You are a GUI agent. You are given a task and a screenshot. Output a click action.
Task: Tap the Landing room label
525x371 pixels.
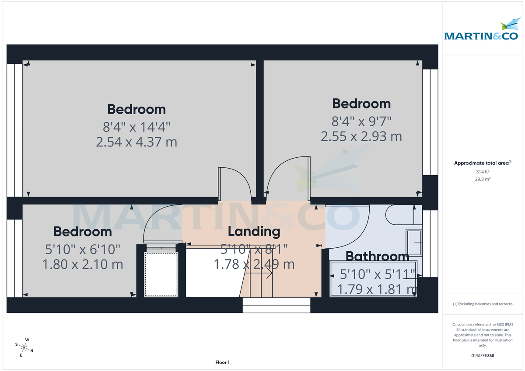point(254,231)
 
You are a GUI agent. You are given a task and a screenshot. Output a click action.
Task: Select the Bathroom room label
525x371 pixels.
point(377,257)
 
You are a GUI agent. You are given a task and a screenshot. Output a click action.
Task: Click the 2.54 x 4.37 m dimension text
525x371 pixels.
point(136,142)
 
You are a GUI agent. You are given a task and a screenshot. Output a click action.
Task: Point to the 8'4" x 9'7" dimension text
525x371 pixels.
point(361,120)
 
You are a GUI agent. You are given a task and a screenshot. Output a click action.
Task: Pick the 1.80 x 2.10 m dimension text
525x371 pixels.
point(83,264)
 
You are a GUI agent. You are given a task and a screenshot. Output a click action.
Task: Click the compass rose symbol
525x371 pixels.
point(25,347)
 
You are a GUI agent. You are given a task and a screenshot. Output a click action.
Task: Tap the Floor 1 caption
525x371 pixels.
point(222,362)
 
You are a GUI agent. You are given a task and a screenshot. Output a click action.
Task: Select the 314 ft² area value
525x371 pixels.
point(482,172)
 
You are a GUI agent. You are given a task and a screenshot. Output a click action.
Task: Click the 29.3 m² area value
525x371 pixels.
point(482,179)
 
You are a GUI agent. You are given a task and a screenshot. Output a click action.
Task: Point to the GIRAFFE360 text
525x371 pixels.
point(482,356)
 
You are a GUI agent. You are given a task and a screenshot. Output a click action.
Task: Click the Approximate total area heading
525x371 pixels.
point(482,163)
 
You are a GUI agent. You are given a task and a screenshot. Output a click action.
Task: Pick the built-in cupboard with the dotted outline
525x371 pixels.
point(161,274)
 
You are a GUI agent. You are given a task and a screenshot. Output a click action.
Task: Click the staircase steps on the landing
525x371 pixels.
point(258,280)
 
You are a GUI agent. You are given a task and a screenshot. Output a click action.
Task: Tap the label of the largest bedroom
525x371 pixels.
point(136,109)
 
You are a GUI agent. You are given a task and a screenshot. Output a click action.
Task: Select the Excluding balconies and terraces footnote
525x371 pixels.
point(482,304)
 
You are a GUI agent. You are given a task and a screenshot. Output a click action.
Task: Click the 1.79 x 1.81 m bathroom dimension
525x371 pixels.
point(377,289)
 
